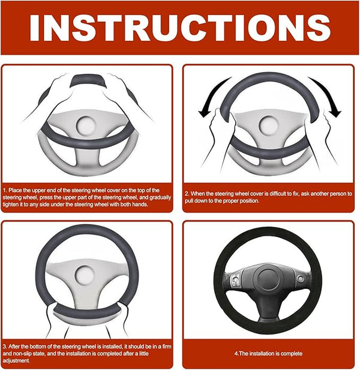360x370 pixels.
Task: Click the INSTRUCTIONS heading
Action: pos(179,28)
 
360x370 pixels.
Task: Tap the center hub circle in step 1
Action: pos(86,124)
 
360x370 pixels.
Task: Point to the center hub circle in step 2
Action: pos(268,124)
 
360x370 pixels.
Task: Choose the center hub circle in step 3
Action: pos(85,275)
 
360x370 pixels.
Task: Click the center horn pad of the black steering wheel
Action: pos(268,279)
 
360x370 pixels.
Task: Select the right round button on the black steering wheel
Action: pos(301,279)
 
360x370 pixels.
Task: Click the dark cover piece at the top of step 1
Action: pos(88,80)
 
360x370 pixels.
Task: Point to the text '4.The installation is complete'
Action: pos(268,353)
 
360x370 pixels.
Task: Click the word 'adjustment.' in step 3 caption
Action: pos(17,360)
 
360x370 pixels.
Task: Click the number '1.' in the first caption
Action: pos(5,190)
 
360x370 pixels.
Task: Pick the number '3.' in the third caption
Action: pos(5,347)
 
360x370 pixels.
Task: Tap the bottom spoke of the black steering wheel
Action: pos(268,307)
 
